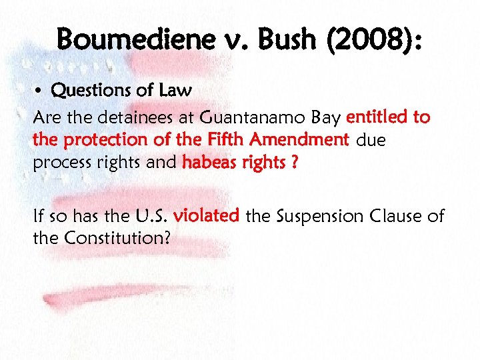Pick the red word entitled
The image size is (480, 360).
377,118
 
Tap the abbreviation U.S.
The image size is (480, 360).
152,215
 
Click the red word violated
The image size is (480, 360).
207,215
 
